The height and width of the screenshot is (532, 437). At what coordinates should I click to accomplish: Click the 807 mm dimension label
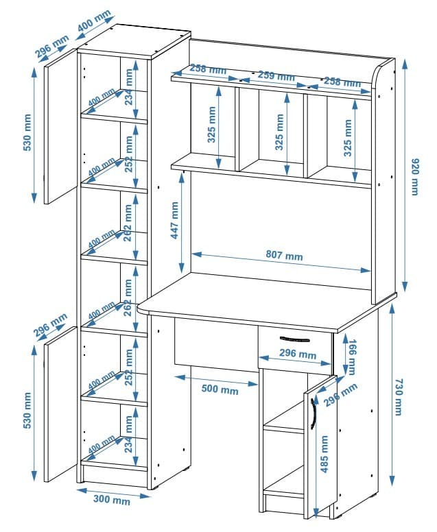(x=284, y=256)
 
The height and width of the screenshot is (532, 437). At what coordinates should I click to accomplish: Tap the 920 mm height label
(x=414, y=177)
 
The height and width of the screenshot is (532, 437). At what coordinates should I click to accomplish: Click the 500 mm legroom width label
(x=220, y=390)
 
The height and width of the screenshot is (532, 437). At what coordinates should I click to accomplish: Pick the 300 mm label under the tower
(x=112, y=500)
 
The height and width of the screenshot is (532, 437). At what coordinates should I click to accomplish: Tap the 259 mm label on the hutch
(x=276, y=76)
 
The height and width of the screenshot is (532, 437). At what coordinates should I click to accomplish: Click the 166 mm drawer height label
(x=352, y=356)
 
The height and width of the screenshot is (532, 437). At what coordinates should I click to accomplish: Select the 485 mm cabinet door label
(x=324, y=454)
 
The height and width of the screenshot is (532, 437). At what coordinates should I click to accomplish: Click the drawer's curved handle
(x=296, y=339)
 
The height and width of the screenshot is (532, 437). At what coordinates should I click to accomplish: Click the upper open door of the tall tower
(x=60, y=130)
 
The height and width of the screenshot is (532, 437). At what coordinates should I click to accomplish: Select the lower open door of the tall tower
(x=60, y=404)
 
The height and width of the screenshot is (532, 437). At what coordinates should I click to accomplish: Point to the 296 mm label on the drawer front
(x=297, y=355)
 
